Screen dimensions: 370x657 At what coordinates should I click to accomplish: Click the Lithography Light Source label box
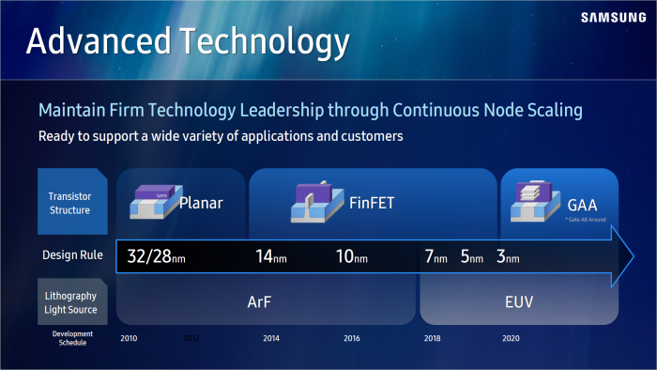(69, 302)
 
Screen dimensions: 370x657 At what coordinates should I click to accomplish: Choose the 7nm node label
(435, 255)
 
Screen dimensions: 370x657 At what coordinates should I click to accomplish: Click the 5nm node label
(471, 255)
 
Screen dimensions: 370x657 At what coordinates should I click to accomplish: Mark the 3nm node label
(507, 255)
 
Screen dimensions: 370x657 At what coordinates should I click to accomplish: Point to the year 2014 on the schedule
(271, 338)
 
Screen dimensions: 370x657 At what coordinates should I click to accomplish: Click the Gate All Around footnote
(586, 218)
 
